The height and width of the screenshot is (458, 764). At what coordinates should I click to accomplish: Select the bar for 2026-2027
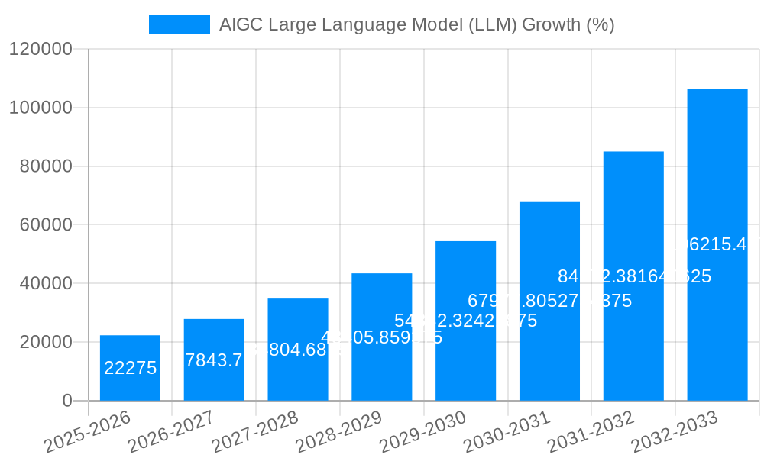pyautogui.click(x=214, y=382)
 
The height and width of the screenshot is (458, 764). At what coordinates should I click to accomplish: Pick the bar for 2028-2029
pyautogui.click(x=381, y=366)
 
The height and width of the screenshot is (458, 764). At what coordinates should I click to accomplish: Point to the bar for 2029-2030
pyautogui.click(x=465, y=359)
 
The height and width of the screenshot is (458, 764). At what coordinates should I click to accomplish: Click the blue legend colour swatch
pyautogui.click(x=179, y=24)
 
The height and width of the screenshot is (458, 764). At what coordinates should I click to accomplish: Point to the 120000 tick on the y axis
pyautogui.click(x=40, y=50)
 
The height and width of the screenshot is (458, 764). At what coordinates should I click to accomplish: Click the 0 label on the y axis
pyautogui.click(x=67, y=401)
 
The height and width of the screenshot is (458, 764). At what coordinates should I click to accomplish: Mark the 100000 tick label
pyautogui.click(x=40, y=108)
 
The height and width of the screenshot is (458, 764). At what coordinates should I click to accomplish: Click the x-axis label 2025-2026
pyautogui.click(x=89, y=432)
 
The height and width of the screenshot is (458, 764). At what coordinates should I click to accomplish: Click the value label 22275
pyautogui.click(x=130, y=368)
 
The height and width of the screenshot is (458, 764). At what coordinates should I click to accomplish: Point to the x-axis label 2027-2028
pyautogui.click(x=256, y=432)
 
